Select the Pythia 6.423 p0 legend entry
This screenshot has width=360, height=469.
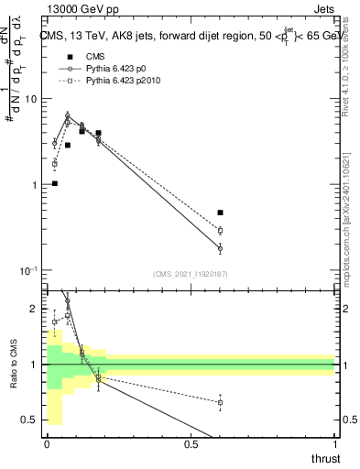pos(115,69)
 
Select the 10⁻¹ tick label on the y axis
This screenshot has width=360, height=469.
pos(27,270)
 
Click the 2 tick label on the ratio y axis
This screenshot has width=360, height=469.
pos(35,309)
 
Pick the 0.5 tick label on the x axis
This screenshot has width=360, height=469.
pos(191,444)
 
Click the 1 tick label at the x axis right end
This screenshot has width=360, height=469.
pos(334,444)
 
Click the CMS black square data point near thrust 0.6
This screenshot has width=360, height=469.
pos(220,213)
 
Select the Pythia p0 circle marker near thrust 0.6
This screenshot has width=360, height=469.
pos(220,248)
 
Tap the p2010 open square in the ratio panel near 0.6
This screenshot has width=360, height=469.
pos(220,402)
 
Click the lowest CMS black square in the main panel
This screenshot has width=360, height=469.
pos(55,183)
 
